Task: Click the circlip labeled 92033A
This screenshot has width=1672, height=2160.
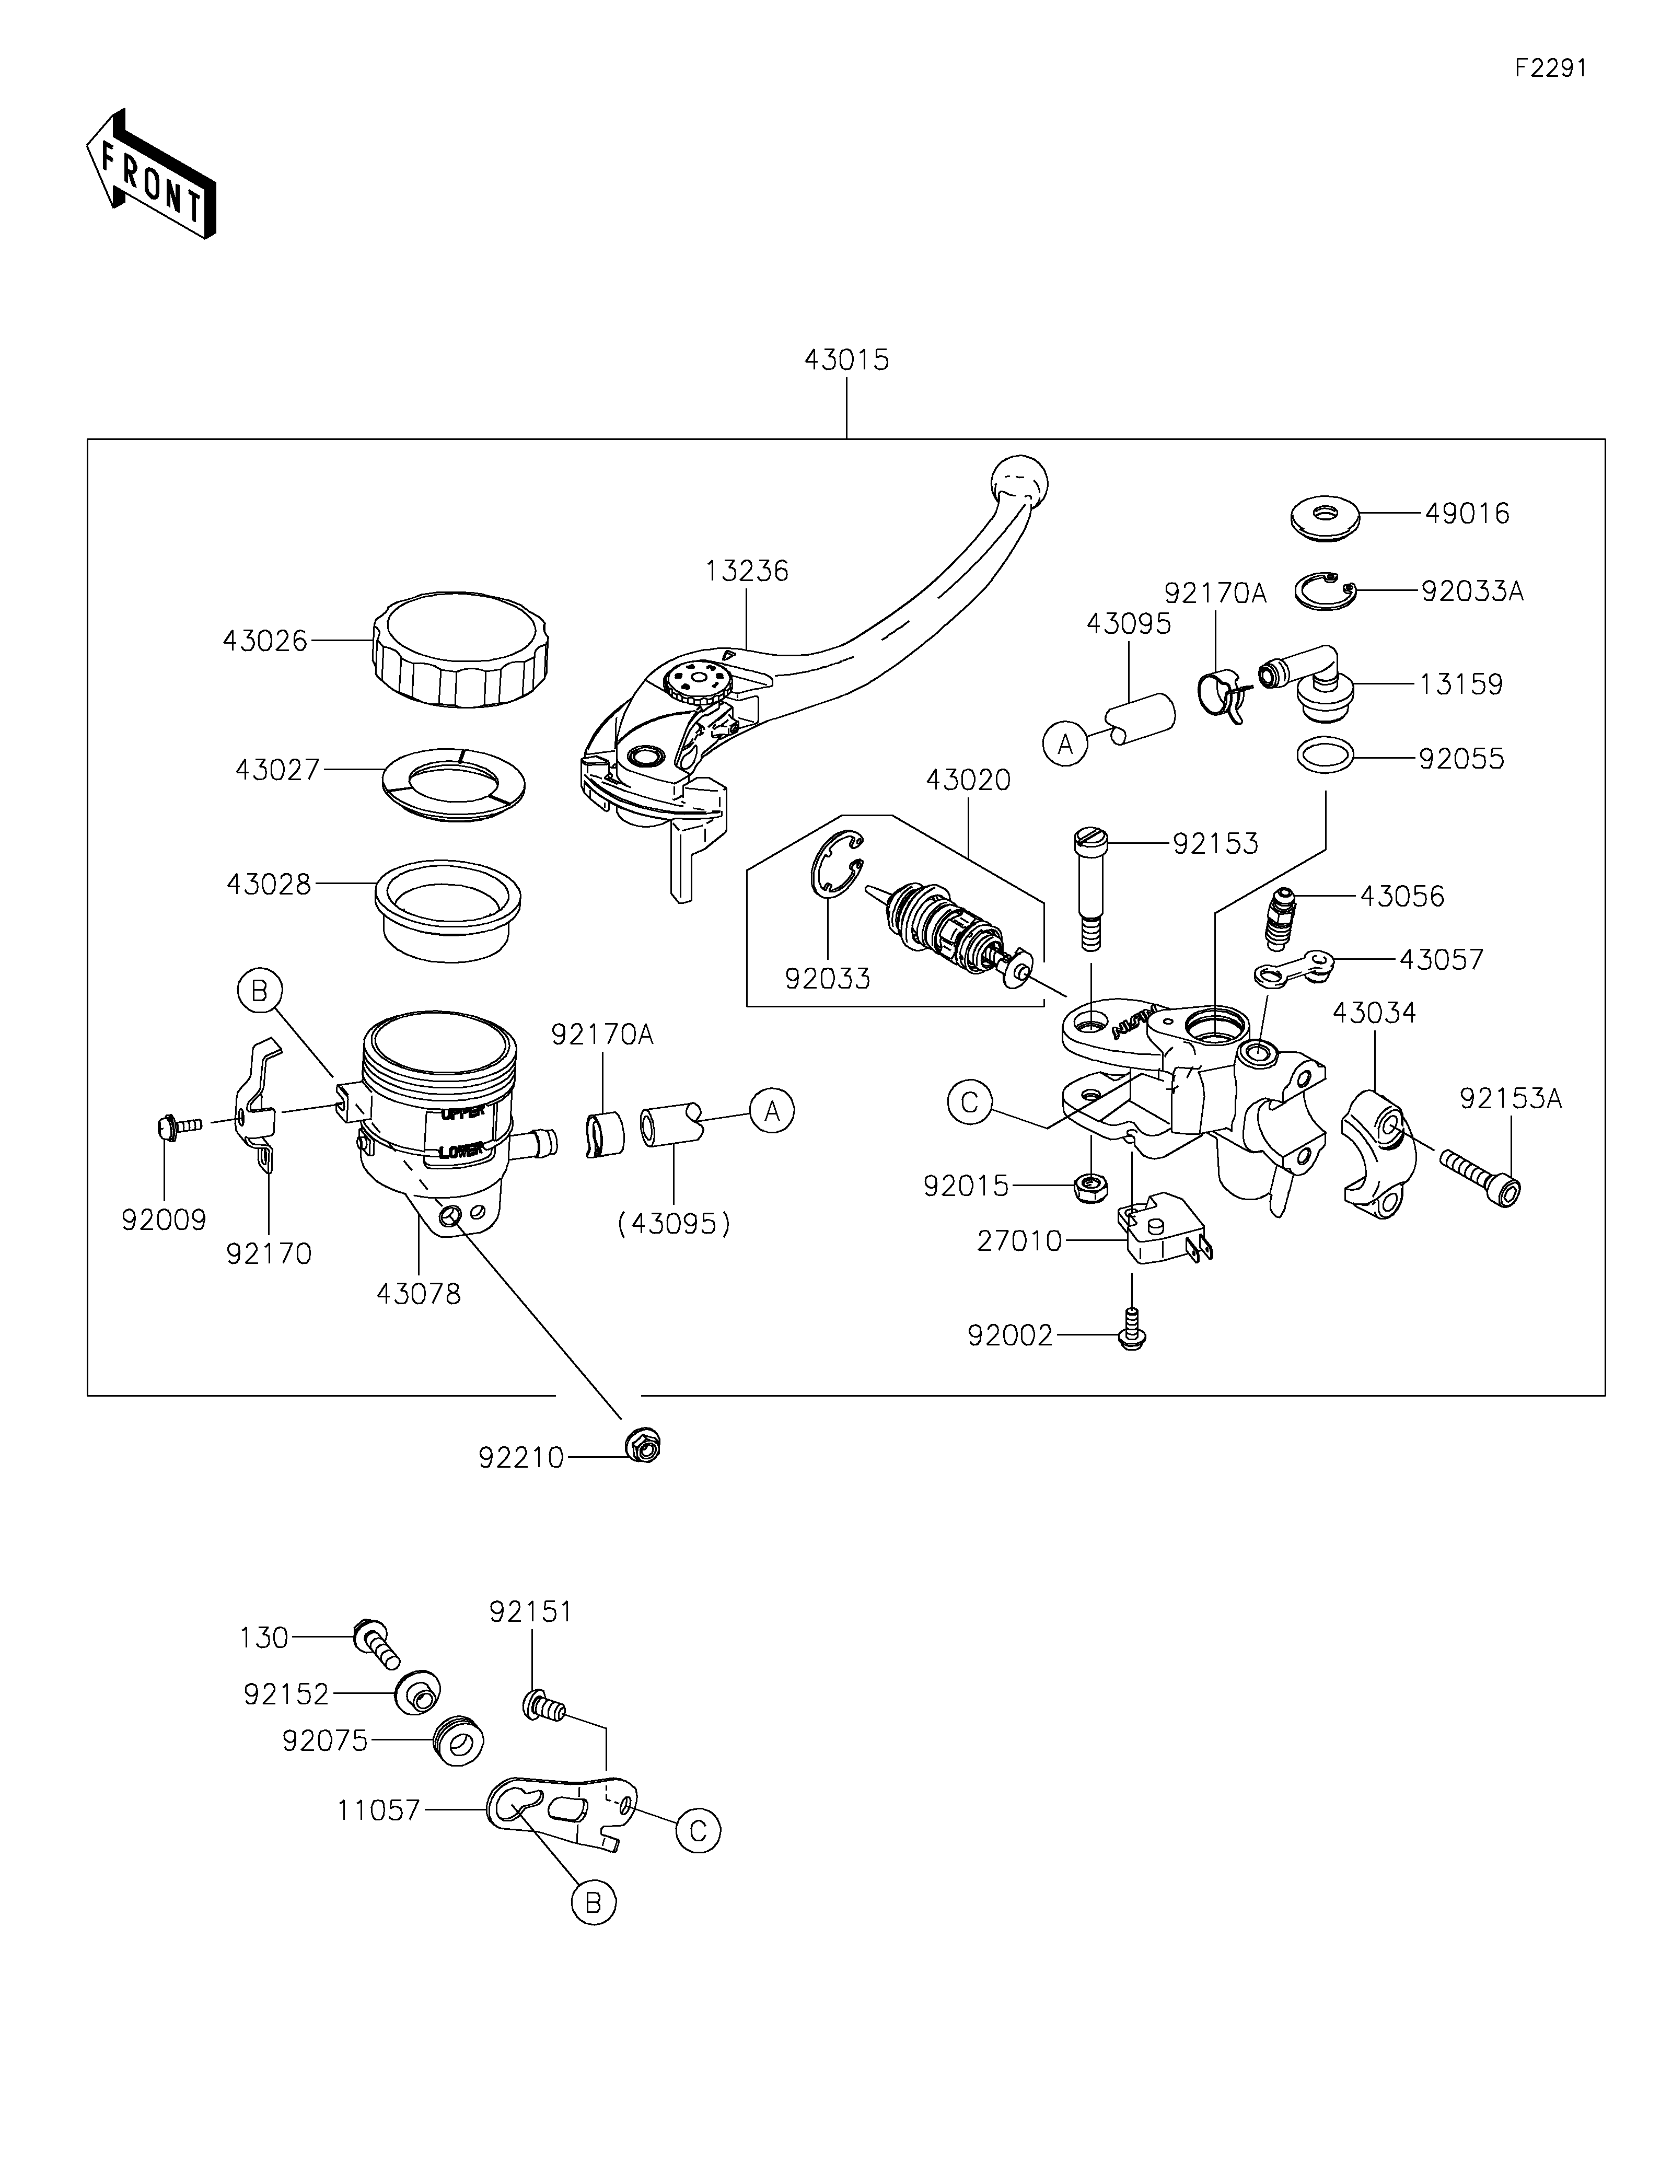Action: [1325, 590]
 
